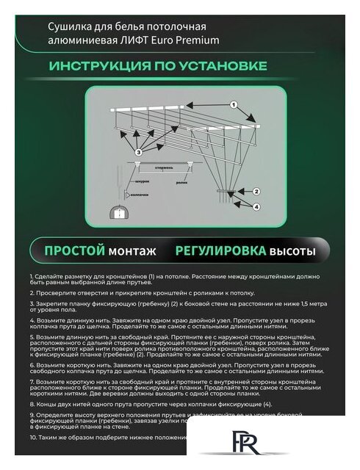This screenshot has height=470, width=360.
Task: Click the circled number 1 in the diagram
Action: pos(235,107)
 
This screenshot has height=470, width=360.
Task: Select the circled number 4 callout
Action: pos(256,206)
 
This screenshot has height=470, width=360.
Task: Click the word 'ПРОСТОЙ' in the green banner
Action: pos(73,251)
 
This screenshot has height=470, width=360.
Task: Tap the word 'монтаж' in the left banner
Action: pos(132,251)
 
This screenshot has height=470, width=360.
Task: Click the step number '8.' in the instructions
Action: pos(34,404)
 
